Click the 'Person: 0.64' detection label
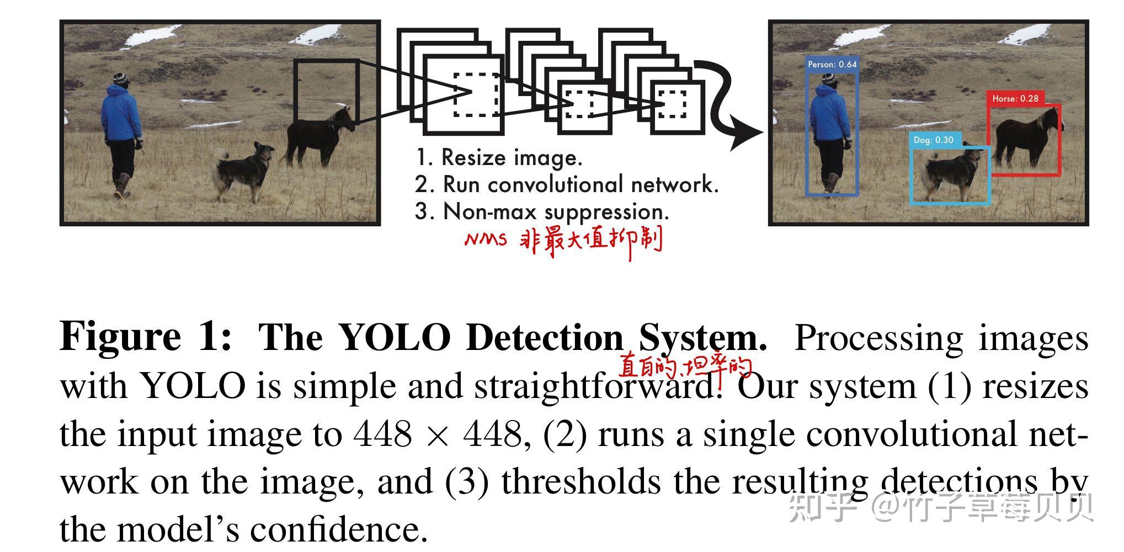pos(832,65)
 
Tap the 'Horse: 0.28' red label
pos(1015,99)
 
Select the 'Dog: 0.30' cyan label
pos(933,140)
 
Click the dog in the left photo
pos(243,168)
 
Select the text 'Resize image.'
pos(512,158)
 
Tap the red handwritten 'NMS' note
pos(485,240)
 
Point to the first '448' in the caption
pos(382,434)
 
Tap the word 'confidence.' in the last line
pos(339,529)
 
